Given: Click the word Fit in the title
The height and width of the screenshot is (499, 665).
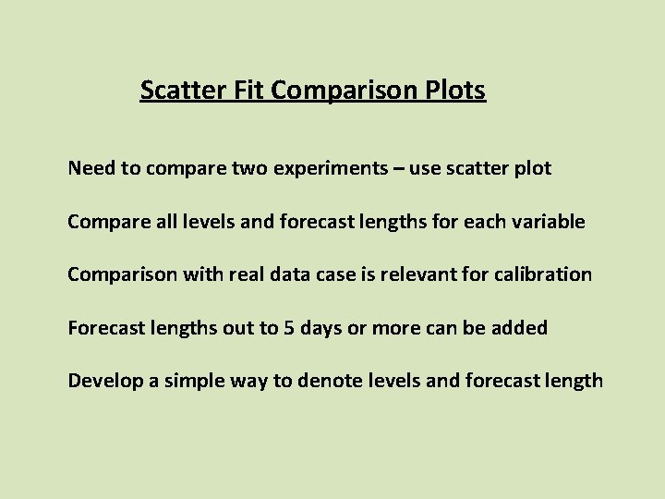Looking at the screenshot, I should click(x=252, y=91).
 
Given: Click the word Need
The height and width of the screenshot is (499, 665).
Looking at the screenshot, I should click(x=90, y=169).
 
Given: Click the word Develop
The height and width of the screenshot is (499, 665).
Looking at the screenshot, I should click(x=103, y=380).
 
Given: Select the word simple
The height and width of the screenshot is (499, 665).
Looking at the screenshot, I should click(x=185, y=380).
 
